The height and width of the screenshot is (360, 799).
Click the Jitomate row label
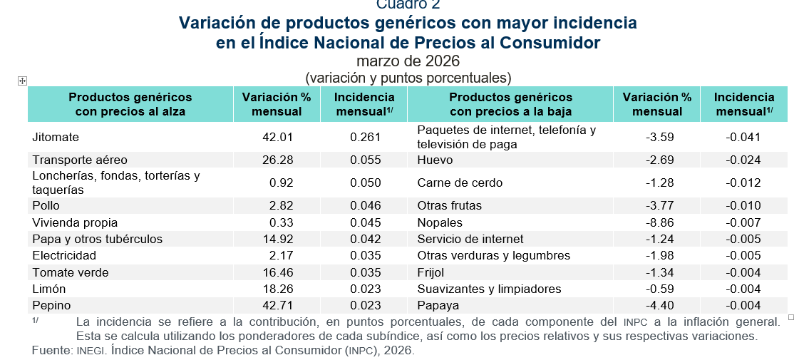[56, 137]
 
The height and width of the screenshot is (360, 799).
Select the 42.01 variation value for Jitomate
[278, 137]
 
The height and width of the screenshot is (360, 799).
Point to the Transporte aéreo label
[80, 160]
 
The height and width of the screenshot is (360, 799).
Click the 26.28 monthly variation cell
[278, 160]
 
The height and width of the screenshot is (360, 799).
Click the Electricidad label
[64, 255]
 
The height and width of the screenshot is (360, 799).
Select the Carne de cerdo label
[460, 182]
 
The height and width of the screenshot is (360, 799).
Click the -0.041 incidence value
[743, 137]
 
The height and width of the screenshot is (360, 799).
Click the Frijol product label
[431, 272]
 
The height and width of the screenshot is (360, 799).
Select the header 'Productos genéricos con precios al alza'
[130, 104]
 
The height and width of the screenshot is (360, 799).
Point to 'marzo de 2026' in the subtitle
[408, 61]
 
